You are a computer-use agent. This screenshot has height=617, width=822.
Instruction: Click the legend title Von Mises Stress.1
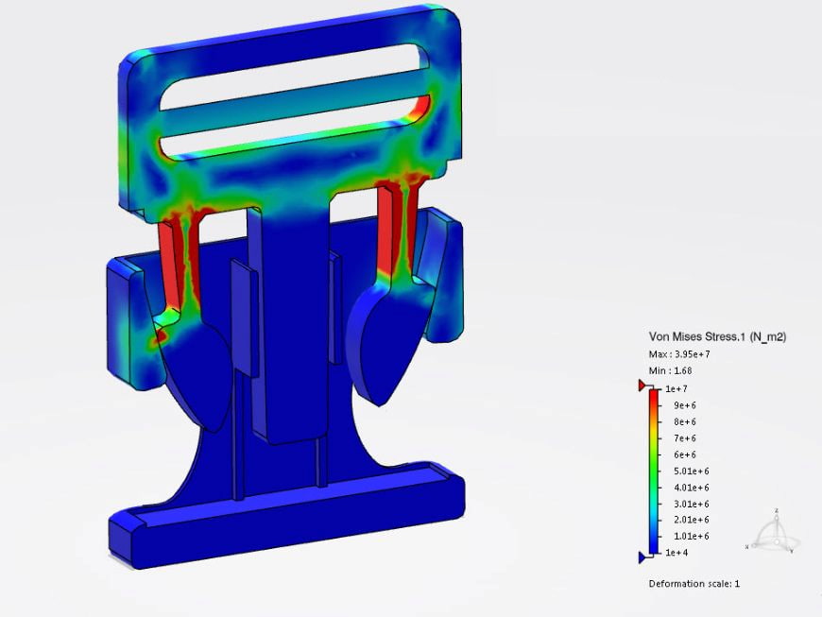click(718, 336)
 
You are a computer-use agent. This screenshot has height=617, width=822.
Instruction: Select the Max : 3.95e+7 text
click(679, 353)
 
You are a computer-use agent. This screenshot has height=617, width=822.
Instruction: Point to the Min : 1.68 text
click(670, 370)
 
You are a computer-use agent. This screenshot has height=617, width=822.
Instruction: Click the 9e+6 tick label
click(684, 405)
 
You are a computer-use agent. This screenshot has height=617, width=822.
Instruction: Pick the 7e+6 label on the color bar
click(684, 438)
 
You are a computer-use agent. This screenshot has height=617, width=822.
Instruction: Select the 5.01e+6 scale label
click(689, 471)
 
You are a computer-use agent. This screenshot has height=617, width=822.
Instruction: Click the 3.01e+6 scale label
click(689, 504)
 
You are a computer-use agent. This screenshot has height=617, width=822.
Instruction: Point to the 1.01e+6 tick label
click(689, 537)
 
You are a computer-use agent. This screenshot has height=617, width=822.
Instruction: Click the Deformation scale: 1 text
click(694, 583)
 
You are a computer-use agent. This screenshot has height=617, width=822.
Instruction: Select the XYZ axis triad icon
click(775, 534)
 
